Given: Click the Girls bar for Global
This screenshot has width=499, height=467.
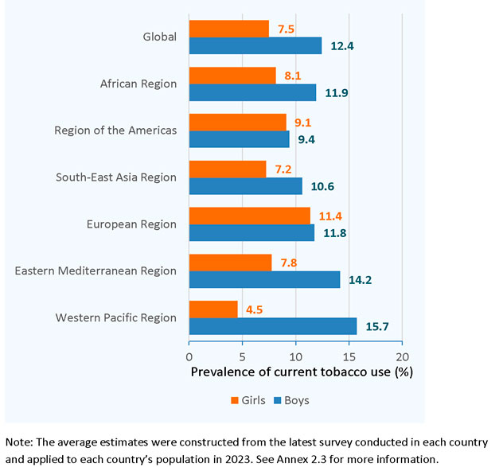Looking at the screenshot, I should pos(229,29).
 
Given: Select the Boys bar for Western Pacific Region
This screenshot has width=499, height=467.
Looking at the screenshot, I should pos(273,326).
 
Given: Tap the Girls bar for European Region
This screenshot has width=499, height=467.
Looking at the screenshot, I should pos(250,216).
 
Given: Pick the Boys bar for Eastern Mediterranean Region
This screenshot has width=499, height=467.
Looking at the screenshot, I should pos(265,279).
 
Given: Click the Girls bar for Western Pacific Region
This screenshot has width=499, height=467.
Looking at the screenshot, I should pos(213,309).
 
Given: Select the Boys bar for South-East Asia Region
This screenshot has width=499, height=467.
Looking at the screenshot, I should pos(246,185).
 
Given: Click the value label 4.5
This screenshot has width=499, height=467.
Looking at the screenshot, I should pos(255,309).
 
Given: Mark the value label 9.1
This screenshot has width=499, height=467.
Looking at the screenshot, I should pos(303,122).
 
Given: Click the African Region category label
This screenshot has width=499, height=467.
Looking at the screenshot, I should pos(138,84).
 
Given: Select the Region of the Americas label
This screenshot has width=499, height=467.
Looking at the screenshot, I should pos(115,130).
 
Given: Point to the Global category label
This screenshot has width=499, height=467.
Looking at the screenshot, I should pos(159,37).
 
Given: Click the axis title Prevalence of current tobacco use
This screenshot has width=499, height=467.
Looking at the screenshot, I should pos(295,372).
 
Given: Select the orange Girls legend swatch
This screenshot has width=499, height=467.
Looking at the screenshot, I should pos(235,400).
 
